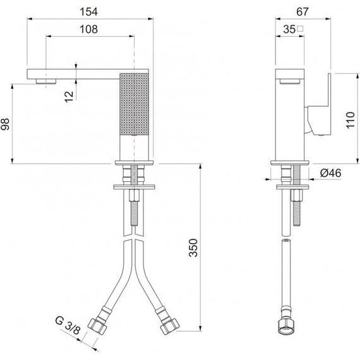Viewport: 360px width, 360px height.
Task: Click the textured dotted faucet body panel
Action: [135, 104]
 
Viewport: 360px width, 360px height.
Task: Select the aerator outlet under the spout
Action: [45, 81]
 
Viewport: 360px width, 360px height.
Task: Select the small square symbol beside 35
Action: [302, 28]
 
